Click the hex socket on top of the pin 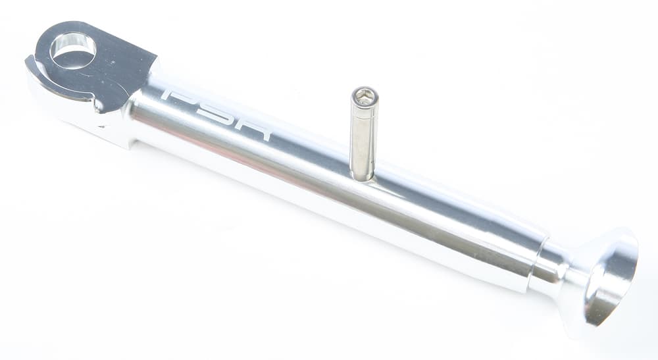click(x=364, y=97)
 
